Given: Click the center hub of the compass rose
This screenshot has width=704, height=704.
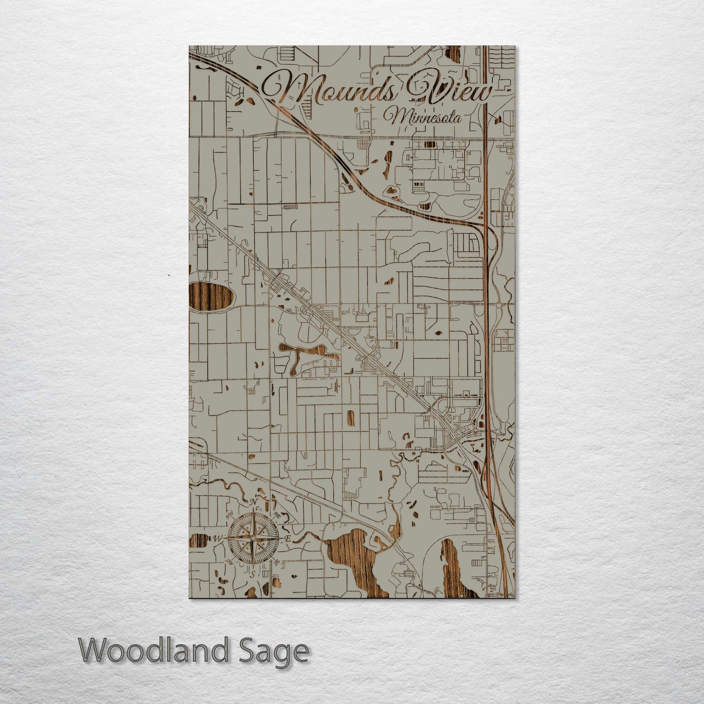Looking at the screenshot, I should [253, 538].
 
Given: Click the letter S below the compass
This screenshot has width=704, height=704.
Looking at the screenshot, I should [252, 573].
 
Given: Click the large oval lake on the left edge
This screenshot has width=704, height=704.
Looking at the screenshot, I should [210, 297].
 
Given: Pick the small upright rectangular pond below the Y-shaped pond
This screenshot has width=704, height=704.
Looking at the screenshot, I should [350, 418].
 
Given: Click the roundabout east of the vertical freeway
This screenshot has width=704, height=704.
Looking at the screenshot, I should [499, 306].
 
